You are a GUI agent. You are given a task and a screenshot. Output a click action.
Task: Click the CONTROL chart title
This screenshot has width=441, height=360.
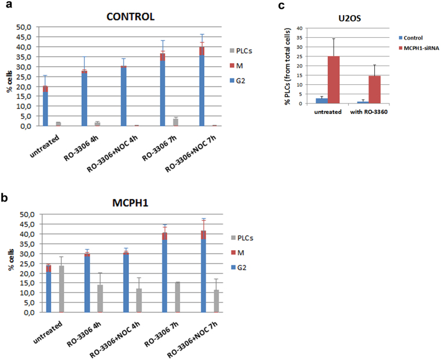[x=131, y=16]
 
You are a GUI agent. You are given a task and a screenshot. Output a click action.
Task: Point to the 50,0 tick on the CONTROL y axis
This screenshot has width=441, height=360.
[x=28, y=27]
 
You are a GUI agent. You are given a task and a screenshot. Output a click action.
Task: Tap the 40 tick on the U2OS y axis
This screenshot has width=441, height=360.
[x=298, y=28]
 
